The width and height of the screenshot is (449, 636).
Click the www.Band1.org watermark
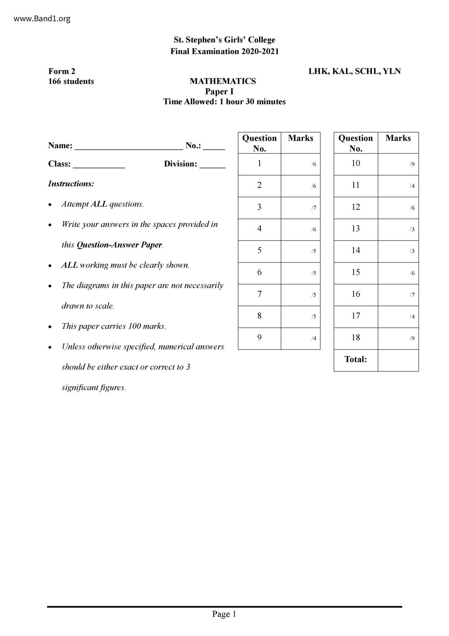click(x=42, y=19)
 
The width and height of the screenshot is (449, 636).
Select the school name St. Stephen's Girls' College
click(x=224, y=40)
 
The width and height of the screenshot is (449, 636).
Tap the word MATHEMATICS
click(x=223, y=81)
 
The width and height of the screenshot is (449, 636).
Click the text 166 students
click(x=71, y=81)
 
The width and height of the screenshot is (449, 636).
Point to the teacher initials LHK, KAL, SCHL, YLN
click(x=354, y=71)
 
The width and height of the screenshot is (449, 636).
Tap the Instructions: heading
click(x=71, y=184)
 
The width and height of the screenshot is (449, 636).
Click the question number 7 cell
click(x=259, y=294)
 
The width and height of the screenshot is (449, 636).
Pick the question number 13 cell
click(x=356, y=229)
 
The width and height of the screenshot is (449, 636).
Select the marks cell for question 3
click(x=300, y=207)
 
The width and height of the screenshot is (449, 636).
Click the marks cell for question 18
click(x=398, y=338)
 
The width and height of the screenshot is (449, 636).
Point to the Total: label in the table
click(x=356, y=359)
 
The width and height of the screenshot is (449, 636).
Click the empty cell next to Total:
click(x=398, y=360)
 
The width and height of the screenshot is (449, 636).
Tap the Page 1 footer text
click(x=224, y=614)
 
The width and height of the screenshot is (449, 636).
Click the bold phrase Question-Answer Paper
click(x=119, y=245)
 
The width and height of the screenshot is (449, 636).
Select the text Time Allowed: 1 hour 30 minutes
click(x=224, y=102)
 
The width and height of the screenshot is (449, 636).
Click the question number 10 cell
click(x=356, y=164)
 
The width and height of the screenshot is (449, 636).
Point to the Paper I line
click(x=219, y=91)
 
